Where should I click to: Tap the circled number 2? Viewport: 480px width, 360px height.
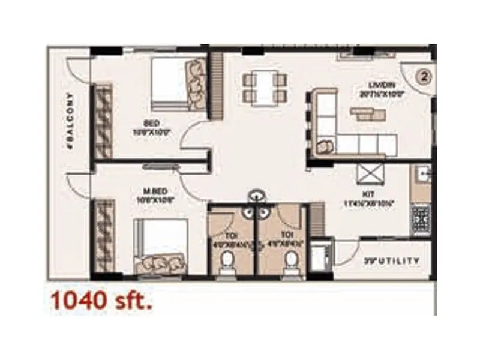(x=425, y=77)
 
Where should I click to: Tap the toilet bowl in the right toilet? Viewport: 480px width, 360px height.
(x=292, y=260)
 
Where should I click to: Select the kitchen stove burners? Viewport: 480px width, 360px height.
(x=420, y=220)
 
